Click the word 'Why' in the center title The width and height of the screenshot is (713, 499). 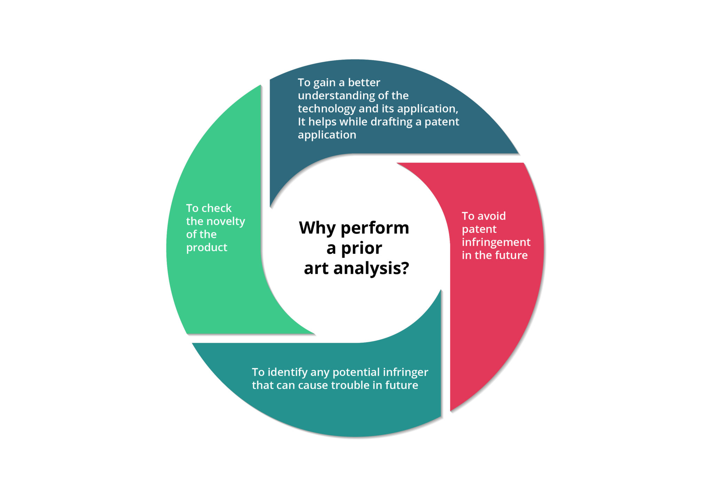point(318,228)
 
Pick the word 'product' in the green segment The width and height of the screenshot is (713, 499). point(206,248)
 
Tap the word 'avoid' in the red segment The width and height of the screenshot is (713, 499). point(492,216)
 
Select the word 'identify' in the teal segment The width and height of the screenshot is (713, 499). point(288,373)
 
